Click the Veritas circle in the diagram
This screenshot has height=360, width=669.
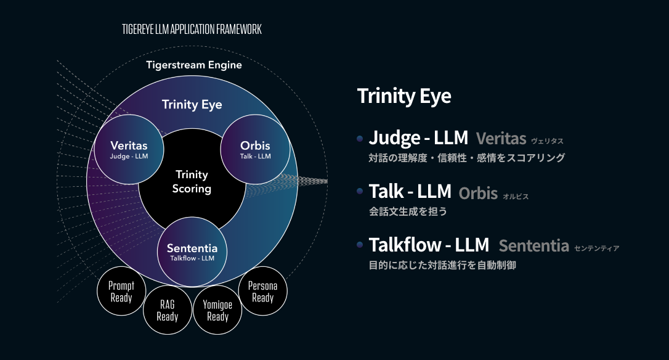(129, 149)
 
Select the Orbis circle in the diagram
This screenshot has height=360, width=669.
(255, 149)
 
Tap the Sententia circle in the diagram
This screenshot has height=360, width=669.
(192, 252)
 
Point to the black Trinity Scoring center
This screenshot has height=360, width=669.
(192, 181)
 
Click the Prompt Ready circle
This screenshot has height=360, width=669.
(121, 291)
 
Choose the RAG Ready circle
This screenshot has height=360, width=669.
(168, 310)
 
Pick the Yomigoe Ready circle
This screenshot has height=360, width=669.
(217, 310)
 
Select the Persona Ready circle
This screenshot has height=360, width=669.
(263, 291)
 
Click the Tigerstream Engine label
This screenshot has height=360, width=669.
(194, 65)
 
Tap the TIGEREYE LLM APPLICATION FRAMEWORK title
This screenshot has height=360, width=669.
(192, 29)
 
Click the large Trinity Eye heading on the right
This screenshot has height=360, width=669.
(404, 96)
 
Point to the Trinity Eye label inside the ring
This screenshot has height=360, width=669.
(192, 105)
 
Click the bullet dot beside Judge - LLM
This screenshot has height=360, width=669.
(360, 138)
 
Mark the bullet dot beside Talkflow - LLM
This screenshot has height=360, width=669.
(360, 245)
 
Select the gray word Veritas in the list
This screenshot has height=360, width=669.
(501, 138)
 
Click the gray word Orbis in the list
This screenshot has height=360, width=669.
(478, 194)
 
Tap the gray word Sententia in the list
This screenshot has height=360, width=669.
(533, 246)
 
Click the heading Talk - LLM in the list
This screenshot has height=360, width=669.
(410, 191)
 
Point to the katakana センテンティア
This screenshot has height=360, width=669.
(596, 248)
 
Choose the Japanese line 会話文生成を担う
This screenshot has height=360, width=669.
(408, 211)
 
